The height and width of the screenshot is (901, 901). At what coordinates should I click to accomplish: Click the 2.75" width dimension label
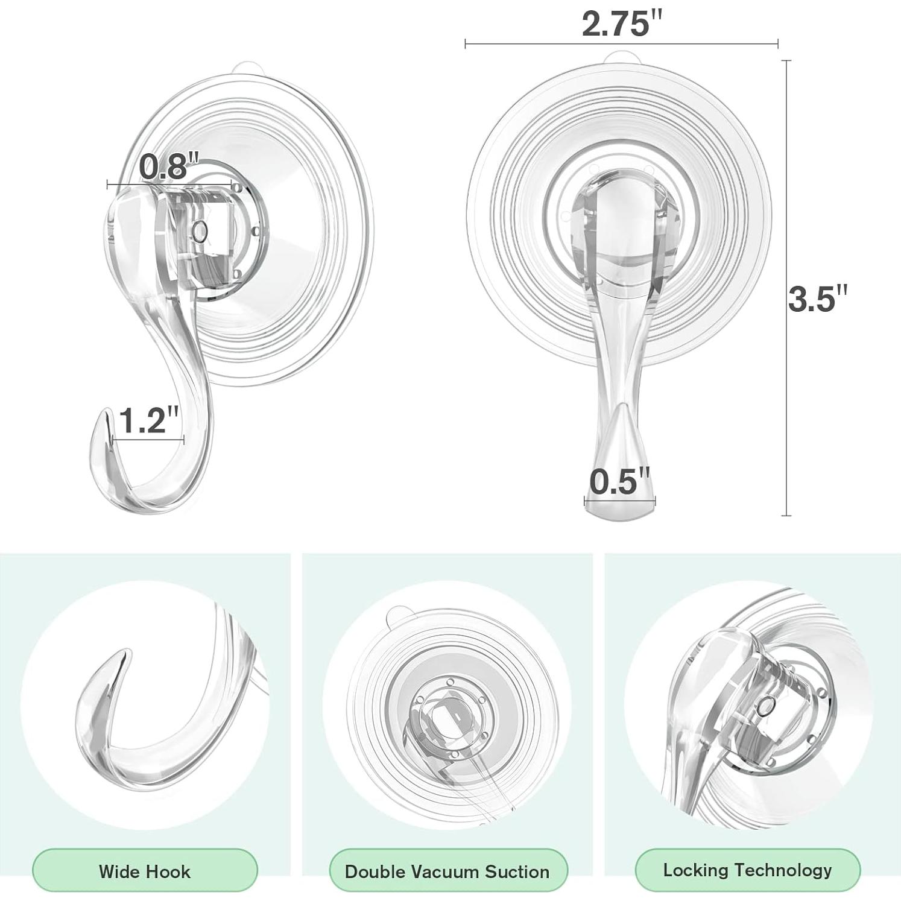coord(621,24)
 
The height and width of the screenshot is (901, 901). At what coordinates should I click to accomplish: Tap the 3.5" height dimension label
coord(818,299)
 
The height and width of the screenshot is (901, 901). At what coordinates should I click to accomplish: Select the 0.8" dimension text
coord(169,166)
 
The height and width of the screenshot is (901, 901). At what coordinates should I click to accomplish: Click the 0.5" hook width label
coord(620,482)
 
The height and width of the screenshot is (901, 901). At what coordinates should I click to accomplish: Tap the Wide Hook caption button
coord(145,871)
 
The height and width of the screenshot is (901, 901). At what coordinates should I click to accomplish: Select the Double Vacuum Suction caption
coord(447,871)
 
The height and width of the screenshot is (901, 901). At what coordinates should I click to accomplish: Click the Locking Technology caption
coord(747,870)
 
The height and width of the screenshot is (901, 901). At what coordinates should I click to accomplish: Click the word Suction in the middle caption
coord(517,871)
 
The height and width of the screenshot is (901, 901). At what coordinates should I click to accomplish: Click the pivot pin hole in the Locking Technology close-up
coord(767,706)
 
